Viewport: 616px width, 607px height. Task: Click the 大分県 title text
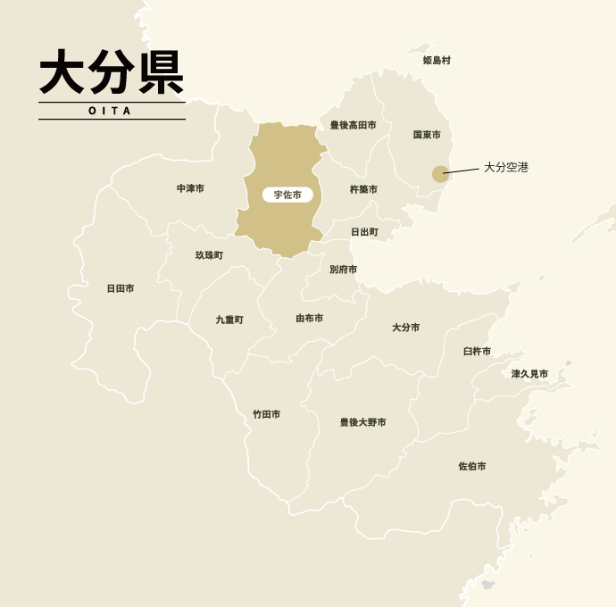click(112, 72)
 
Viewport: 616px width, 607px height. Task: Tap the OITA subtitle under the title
click(111, 111)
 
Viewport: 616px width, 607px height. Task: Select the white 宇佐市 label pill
click(287, 195)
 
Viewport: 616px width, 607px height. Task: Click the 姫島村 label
click(437, 61)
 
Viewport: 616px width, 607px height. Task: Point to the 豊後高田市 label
click(353, 125)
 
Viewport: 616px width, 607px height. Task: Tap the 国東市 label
click(427, 135)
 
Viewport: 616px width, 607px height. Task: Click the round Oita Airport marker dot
click(440, 174)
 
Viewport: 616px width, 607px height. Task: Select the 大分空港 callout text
click(506, 167)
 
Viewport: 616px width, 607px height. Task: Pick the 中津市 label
click(190, 188)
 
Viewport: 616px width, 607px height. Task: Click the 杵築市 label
click(363, 189)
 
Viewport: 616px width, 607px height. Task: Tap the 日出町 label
click(364, 231)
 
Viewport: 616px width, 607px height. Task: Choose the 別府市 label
click(343, 269)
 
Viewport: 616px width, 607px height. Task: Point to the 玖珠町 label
click(209, 255)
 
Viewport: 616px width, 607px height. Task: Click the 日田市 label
click(121, 288)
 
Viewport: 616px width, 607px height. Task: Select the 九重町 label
click(229, 319)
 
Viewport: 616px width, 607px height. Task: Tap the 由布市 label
click(310, 318)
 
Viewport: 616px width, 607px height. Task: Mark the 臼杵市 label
click(477, 351)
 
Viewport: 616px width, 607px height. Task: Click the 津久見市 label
click(529, 374)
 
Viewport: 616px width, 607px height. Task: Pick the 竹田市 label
click(266, 414)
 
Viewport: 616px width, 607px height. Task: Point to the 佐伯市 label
click(472, 466)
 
